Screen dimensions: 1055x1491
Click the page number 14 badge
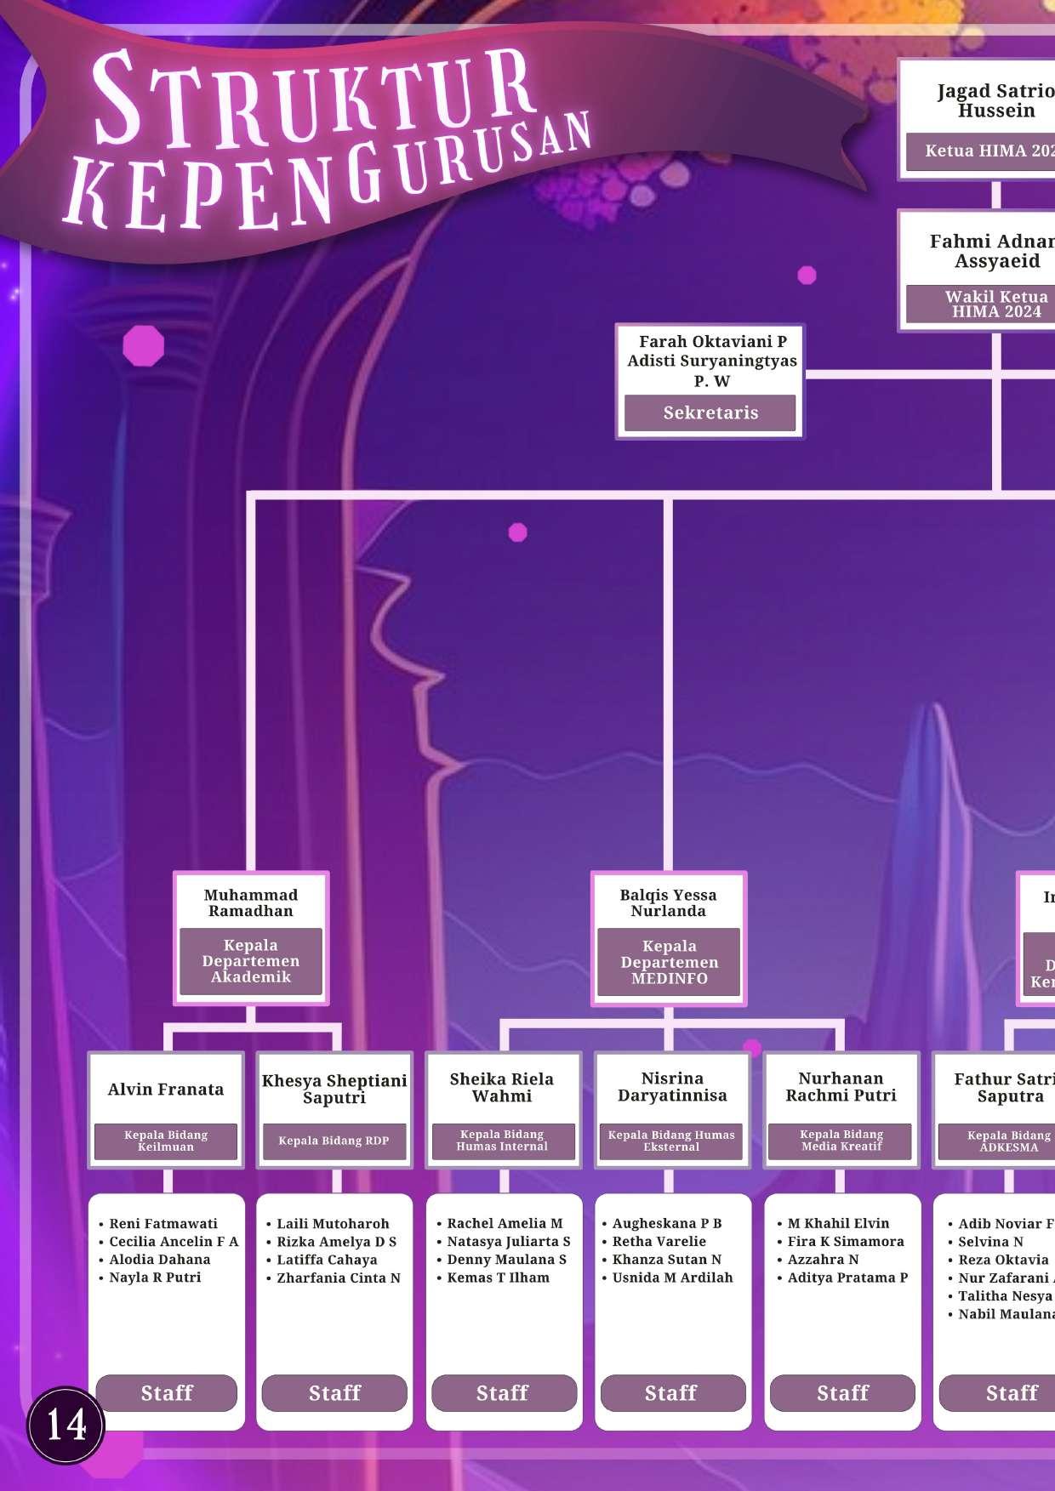click(66, 1425)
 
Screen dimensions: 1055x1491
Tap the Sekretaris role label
click(710, 413)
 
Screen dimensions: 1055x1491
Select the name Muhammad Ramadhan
click(251, 902)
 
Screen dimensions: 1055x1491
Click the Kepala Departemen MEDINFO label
click(669, 962)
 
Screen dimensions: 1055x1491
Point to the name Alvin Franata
click(166, 1090)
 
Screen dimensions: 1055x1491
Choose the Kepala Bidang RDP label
click(334, 1141)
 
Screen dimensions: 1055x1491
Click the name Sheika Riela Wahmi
click(502, 1087)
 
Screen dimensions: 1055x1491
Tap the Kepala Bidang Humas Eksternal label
click(671, 1141)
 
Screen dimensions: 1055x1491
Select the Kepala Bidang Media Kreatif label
click(841, 1141)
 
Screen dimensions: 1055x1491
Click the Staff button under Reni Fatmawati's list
click(167, 1392)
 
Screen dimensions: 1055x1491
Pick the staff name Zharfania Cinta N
click(338, 1278)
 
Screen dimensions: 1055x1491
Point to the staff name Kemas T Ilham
click(498, 1278)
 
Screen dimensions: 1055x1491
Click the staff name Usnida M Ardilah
click(672, 1278)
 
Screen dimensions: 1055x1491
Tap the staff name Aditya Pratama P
click(847, 1278)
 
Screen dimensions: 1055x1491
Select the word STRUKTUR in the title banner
click(315, 98)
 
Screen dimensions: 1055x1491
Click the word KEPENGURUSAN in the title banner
click(328, 179)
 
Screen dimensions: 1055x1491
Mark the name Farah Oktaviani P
click(713, 341)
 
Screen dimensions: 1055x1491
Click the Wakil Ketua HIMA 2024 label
click(995, 304)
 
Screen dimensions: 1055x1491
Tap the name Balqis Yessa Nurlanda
click(668, 902)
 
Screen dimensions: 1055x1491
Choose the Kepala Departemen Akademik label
click(251, 961)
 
